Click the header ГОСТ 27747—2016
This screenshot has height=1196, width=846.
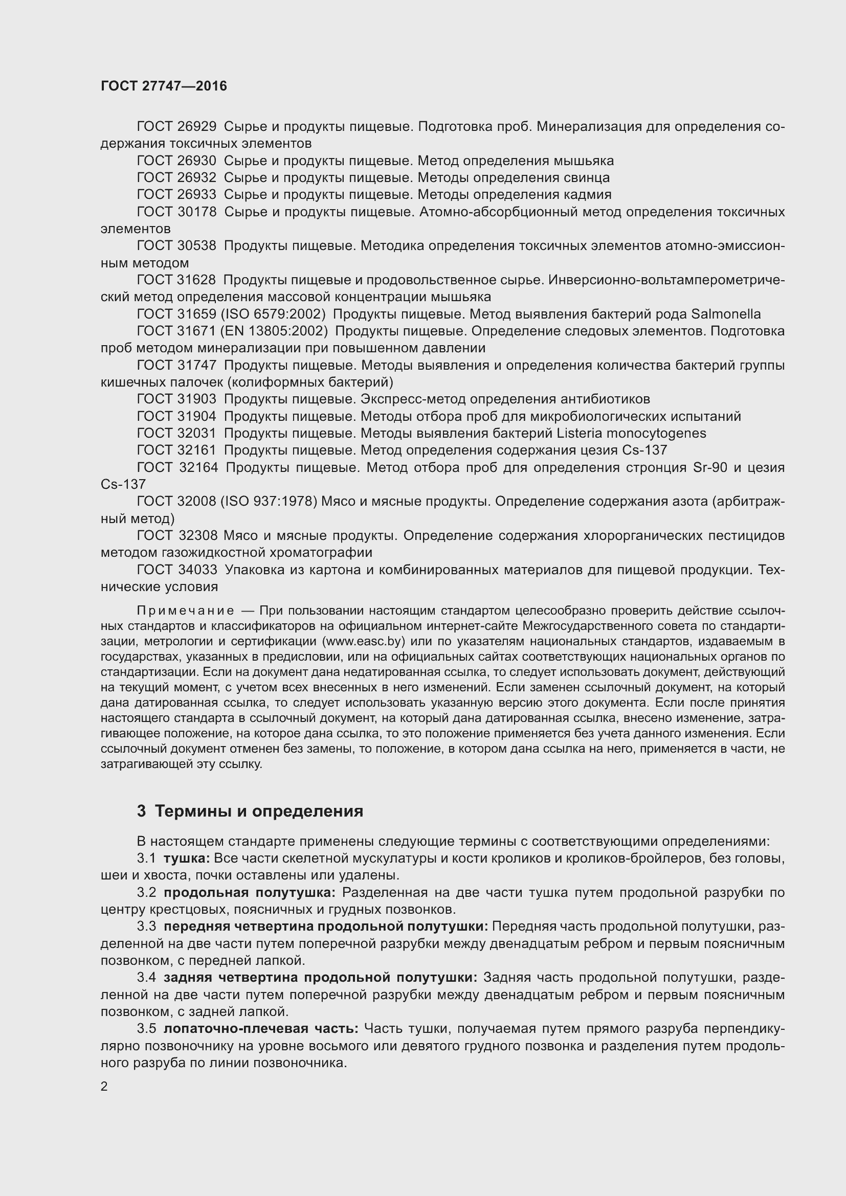pos(164,86)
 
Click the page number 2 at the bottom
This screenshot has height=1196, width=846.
pos(104,1087)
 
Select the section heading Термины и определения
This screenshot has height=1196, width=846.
pos(259,811)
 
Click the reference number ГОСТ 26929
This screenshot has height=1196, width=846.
pos(176,127)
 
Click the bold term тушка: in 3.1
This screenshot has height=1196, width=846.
pos(187,858)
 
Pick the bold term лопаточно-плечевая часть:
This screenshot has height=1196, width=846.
pos(261,1029)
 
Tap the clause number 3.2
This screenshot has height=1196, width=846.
pos(146,892)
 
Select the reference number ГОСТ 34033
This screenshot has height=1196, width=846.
pos(176,570)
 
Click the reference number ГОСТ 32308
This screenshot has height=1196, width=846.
pos(176,535)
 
